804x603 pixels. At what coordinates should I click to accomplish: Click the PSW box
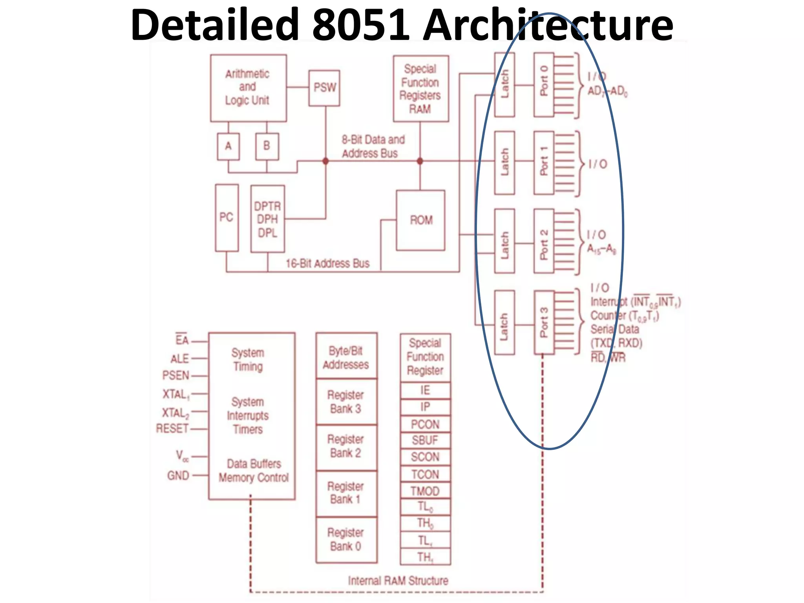coord(324,88)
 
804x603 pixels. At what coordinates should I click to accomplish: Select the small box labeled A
coord(228,146)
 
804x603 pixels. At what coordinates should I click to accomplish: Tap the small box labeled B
coord(267,146)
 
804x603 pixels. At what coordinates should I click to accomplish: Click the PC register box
coord(227,217)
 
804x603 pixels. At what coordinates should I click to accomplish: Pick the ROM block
coord(420,220)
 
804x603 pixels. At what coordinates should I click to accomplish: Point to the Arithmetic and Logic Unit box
coord(248,88)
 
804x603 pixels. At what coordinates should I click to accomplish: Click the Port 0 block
coord(544,85)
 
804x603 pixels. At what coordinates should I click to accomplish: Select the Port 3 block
coord(544,322)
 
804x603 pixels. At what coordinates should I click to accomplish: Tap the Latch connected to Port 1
coord(504,163)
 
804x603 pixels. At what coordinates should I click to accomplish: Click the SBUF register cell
coord(425,440)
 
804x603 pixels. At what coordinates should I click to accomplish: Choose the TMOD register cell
coord(425,491)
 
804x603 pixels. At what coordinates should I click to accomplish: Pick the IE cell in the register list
coord(425,390)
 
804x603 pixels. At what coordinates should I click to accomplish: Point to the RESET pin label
coord(172,428)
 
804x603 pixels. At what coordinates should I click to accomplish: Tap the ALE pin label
coord(179,358)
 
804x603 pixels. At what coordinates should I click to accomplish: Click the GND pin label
coord(178,475)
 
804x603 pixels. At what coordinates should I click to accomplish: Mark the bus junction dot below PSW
coord(325,161)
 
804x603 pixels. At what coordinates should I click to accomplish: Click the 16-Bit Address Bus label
coord(327,263)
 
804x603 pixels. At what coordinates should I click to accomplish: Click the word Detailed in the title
coord(216,25)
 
